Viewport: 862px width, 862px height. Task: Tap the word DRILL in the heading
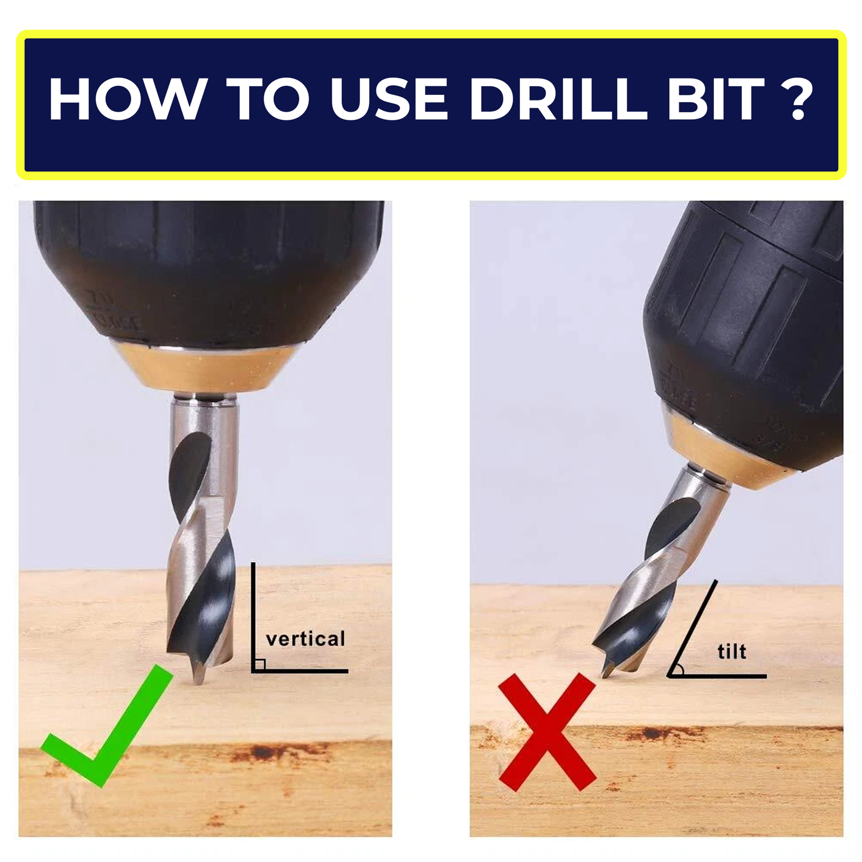tap(558, 99)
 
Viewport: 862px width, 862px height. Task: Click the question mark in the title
tap(798, 98)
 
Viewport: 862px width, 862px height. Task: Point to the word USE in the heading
tap(388, 99)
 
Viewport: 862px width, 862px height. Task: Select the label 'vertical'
tap(306, 639)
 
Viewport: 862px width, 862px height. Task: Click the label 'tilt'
tap(732, 651)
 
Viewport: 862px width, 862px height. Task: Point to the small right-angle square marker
tap(260, 664)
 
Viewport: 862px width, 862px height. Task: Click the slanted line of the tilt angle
tap(692, 628)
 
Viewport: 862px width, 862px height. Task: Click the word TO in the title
tap(268, 99)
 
